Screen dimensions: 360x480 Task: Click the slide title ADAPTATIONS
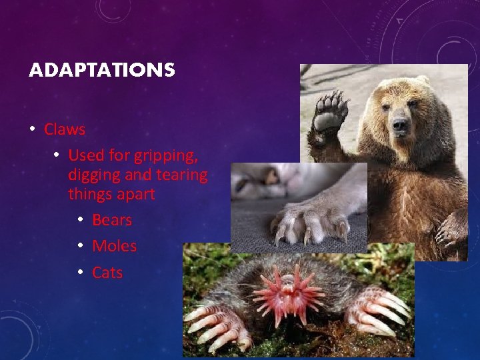click(x=101, y=70)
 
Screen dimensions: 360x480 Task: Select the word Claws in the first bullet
click(x=65, y=129)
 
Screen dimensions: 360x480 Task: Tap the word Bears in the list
click(x=112, y=220)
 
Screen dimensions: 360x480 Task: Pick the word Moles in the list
click(x=114, y=246)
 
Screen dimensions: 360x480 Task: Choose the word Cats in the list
click(x=107, y=273)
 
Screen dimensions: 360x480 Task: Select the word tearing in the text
click(x=184, y=175)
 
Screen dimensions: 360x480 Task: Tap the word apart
click(x=135, y=195)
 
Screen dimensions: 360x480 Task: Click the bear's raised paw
click(x=331, y=112)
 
